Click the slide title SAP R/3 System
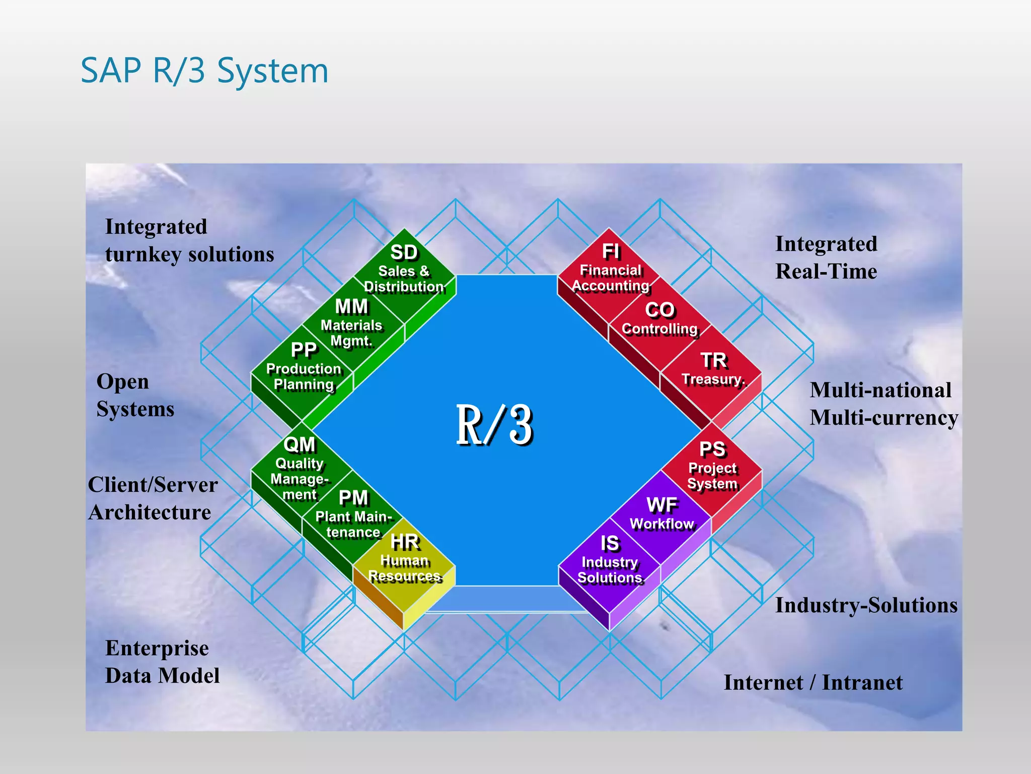point(204,71)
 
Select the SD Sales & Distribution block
point(404,270)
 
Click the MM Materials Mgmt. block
point(352,324)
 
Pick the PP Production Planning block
point(304,368)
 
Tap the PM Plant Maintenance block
point(353,514)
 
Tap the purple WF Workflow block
point(662,514)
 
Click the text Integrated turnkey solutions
point(189,240)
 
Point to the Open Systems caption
point(135,395)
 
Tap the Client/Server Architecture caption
point(153,498)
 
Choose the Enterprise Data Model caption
point(162,662)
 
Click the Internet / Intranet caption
point(813,682)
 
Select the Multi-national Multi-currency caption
point(883,404)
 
